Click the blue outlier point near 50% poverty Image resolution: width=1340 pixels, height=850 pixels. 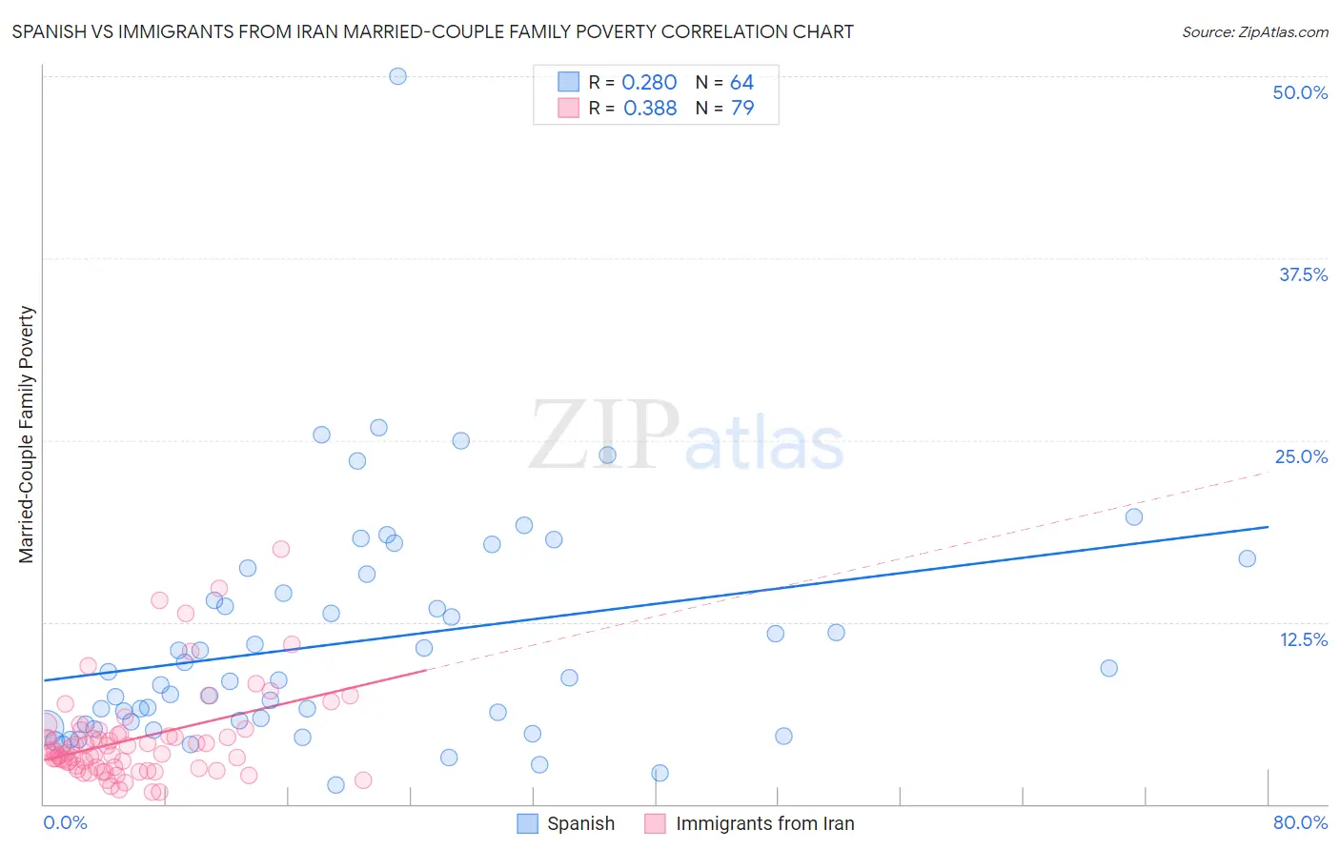(397, 76)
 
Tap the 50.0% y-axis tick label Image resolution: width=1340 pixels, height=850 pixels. (1300, 92)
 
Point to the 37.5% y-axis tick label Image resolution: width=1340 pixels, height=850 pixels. (1303, 274)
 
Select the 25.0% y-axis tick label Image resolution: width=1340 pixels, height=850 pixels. (1301, 456)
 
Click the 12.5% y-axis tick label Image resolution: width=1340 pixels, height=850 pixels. (1303, 639)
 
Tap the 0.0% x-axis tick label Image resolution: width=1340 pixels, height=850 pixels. (65, 822)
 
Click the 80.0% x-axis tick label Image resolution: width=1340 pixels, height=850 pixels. (1300, 822)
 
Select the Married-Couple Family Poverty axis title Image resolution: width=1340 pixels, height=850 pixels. (27, 435)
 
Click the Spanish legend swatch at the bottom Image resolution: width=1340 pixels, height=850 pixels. (527, 823)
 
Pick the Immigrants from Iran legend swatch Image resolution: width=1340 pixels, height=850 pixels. (655, 823)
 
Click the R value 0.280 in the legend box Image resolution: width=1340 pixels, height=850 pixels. (649, 83)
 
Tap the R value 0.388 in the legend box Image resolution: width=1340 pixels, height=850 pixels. (649, 109)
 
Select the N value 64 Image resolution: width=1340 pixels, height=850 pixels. (741, 83)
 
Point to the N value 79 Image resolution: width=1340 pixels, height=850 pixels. (741, 109)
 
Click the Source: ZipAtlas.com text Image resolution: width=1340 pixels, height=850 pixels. (1254, 32)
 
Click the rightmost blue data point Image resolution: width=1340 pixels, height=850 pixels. (1247, 558)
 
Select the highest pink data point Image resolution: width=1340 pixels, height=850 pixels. (280, 549)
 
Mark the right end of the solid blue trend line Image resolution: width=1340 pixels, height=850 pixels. (1268, 527)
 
